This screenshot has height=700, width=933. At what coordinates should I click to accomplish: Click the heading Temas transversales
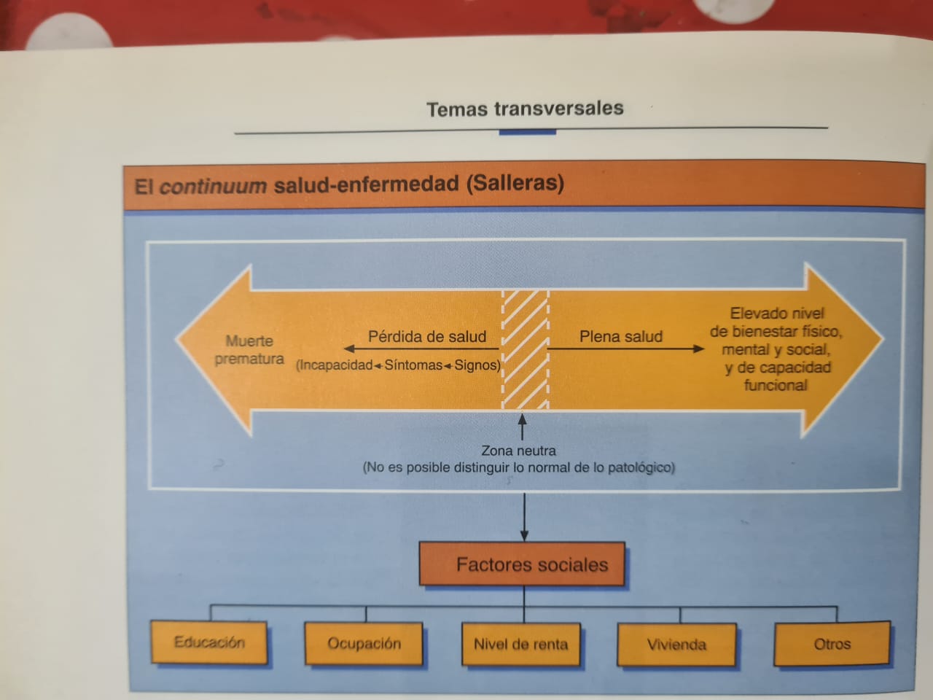[x=525, y=109]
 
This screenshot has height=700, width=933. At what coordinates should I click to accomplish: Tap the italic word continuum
[x=213, y=186]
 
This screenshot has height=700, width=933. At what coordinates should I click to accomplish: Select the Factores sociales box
[x=522, y=564]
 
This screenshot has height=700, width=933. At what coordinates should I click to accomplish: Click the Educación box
[x=209, y=642]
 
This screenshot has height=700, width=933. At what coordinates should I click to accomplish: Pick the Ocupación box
[x=364, y=644]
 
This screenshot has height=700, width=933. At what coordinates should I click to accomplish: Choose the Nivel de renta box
[x=520, y=645]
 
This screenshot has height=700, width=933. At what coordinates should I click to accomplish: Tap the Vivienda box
[x=676, y=645]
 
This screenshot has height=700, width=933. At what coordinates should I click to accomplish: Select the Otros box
[x=832, y=644]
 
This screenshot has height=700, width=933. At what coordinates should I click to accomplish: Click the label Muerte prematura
[x=249, y=350]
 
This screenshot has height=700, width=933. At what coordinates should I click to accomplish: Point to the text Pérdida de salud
[x=427, y=337]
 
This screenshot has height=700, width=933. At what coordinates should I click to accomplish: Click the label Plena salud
[x=621, y=337]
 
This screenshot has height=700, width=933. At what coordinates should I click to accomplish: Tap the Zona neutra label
[x=518, y=451]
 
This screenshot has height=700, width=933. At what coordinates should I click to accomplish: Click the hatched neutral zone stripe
[x=525, y=350]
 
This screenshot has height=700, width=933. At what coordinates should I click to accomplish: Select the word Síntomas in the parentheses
[x=413, y=365]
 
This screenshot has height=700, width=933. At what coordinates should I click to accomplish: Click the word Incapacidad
[x=335, y=365]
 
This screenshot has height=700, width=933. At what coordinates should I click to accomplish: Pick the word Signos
[x=477, y=365]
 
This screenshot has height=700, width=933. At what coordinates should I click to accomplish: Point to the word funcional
[x=776, y=385]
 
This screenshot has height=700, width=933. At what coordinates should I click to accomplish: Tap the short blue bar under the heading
[x=527, y=133]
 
